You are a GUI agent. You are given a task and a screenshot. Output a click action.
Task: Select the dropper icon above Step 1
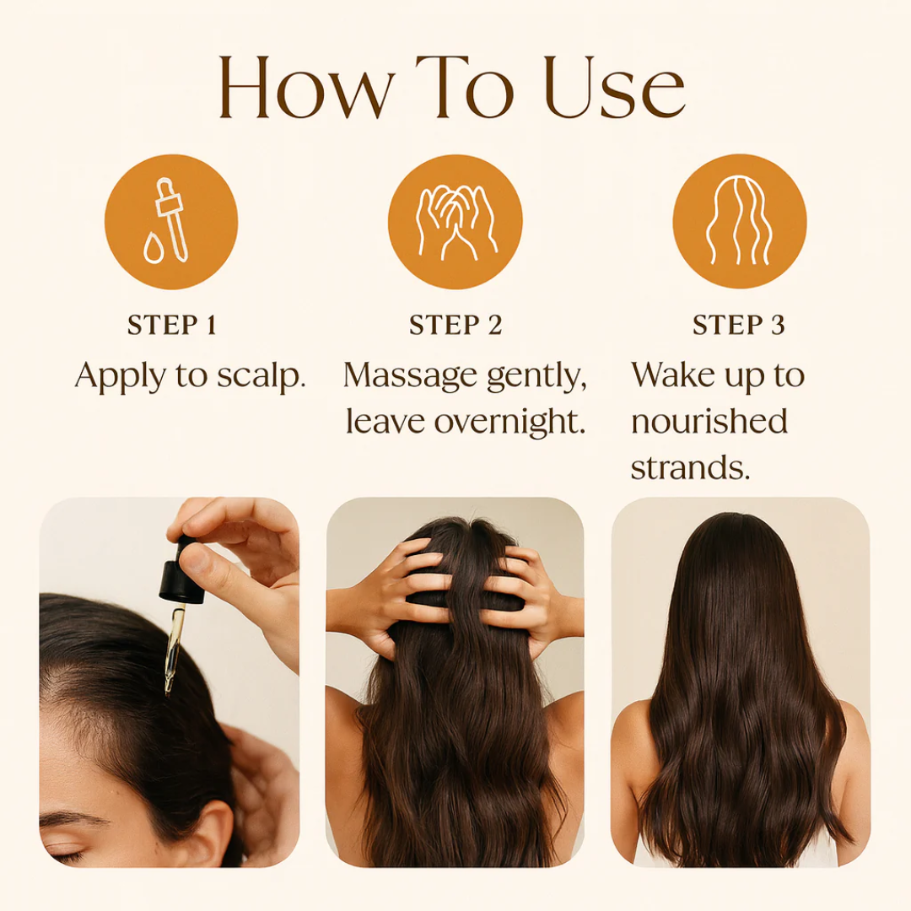coord(171,222)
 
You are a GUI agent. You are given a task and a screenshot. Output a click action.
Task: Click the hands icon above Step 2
coord(455,222)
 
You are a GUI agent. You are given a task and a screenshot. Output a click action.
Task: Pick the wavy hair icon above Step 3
coord(739,222)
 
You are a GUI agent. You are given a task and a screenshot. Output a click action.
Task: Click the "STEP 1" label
coord(171,326)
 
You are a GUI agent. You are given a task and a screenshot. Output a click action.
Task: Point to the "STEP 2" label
coord(455,326)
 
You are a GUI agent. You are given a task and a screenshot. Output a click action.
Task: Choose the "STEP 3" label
coord(739,326)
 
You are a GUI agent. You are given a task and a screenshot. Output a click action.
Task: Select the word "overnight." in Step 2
coord(510,422)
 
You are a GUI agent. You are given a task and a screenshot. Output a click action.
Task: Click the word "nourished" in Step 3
coord(709,422)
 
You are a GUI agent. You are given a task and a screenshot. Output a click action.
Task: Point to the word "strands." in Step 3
coord(690,467)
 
